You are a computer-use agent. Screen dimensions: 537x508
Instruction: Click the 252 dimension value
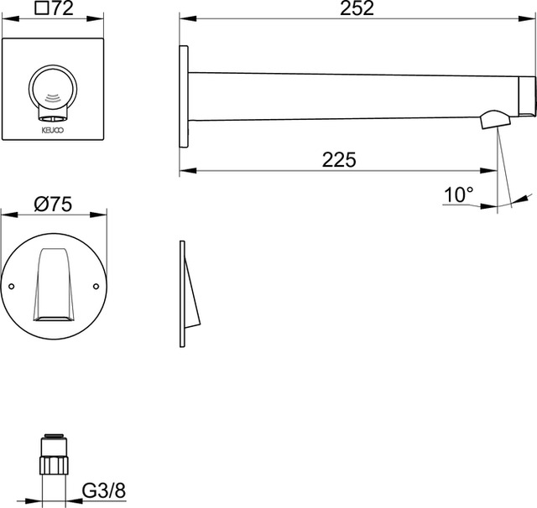coord(357,8)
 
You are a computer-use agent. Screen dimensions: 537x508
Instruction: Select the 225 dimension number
coord(339,160)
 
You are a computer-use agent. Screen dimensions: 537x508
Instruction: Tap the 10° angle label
coord(459,195)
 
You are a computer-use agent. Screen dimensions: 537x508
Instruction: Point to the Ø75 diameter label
coord(53,205)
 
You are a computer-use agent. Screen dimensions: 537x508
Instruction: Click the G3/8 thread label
coord(104,491)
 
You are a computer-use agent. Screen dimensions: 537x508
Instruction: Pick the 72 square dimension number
coord(63,8)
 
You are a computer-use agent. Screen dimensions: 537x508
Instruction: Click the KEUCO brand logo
coord(53,130)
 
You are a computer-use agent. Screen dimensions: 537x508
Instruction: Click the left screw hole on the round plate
coord(11,287)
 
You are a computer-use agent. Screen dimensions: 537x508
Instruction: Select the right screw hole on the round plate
coord(96,286)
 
